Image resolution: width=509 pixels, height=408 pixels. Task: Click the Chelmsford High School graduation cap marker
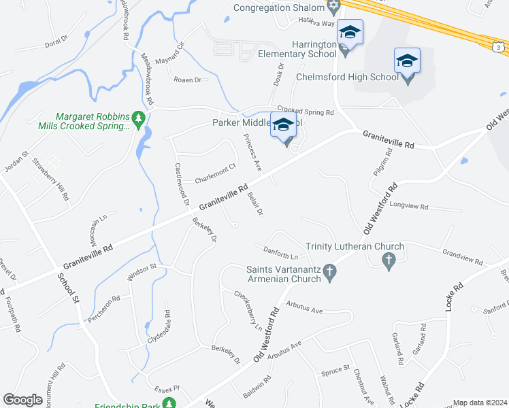point(407,61)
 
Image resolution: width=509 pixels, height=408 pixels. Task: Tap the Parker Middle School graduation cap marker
point(284,125)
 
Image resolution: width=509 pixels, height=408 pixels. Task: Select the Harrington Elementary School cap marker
point(350,33)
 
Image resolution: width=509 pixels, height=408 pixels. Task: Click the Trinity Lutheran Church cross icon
point(389,260)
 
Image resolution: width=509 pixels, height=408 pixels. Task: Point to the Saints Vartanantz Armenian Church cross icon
point(329,273)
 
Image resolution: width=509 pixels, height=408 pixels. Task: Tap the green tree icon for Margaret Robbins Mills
point(139,119)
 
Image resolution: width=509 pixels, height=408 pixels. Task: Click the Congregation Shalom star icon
point(333,7)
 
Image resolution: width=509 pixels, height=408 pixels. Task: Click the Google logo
point(23,400)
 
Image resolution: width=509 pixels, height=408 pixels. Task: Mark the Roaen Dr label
point(188,80)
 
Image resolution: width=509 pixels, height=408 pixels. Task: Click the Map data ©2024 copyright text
point(480,403)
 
